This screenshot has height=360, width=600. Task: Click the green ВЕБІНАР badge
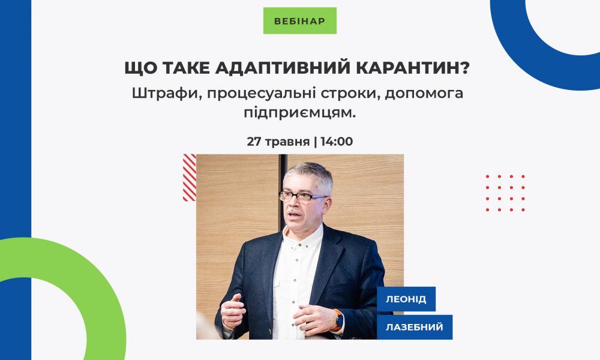coord(299,20)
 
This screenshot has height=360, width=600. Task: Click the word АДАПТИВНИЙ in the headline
coord(283,68)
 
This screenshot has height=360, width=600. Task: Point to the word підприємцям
coord(299,113)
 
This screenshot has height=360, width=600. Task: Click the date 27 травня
coord(278,142)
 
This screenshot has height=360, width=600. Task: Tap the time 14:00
coord(337,142)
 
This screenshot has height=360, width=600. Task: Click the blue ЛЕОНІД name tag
coord(406,299)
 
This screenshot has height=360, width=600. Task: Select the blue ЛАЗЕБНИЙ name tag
coord(415,327)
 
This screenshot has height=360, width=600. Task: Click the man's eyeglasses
coord(302,197)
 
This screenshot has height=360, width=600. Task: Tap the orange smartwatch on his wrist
coord(338,320)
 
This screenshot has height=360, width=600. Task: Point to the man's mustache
coord(294,211)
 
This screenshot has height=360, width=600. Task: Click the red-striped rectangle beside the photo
coord(190,178)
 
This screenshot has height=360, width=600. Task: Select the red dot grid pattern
coord(505,193)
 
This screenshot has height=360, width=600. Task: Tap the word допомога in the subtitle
coord(424,94)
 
